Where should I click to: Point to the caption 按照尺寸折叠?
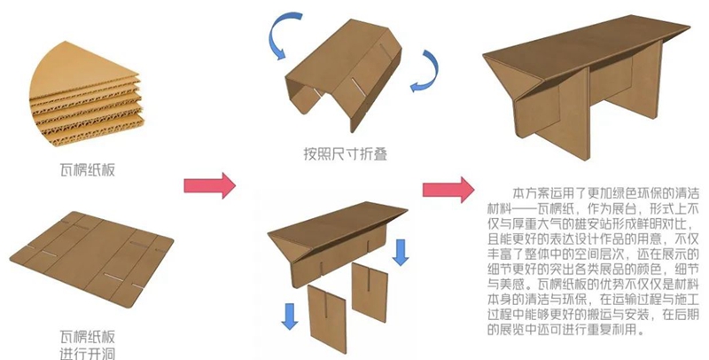[x=344, y=155]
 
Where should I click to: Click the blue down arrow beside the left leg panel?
[x=291, y=313]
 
